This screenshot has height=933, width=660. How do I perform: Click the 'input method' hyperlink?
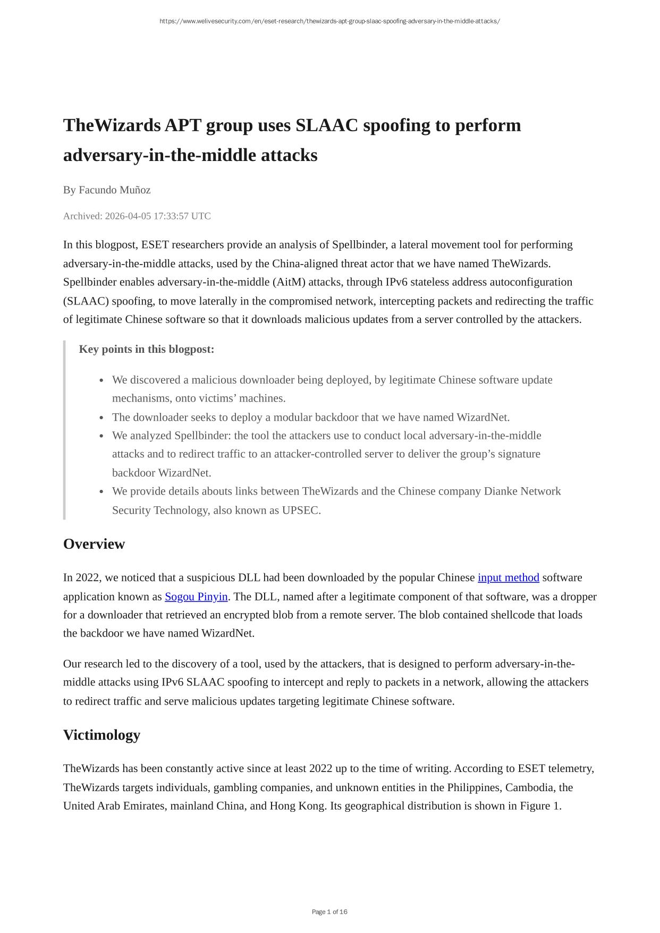pos(508,578)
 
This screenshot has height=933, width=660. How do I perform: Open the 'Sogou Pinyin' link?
pos(196,596)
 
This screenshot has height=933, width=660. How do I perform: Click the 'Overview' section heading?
pos(94,544)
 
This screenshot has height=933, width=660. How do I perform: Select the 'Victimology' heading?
pos(101,735)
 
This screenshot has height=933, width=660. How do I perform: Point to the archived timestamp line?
pos(137,216)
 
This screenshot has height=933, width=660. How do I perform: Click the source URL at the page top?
pos(329,21)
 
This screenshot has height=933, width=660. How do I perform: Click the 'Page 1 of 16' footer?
pos(329,912)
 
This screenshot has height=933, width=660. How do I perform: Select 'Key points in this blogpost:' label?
pos(147,349)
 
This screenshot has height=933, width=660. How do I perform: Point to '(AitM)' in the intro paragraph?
pos(289,282)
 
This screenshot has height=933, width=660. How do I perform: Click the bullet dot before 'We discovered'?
pos(101,380)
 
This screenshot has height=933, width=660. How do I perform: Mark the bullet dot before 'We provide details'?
pos(101,491)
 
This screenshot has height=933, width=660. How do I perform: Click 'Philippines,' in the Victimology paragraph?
pos(475,787)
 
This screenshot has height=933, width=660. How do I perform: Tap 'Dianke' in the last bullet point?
pos(500,491)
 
